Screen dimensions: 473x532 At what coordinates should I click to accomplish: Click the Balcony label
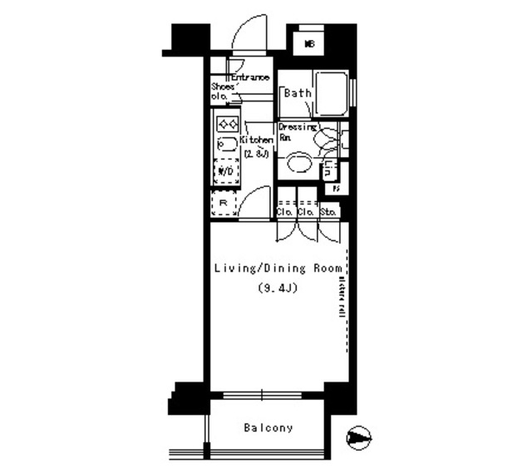[x=268, y=428]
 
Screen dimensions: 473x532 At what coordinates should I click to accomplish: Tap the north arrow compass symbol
[x=358, y=436]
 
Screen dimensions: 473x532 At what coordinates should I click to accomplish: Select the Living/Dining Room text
[x=273, y=269]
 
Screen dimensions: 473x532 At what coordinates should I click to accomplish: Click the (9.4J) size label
[x=273, y=288]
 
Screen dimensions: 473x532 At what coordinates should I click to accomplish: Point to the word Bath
[x=298, y=93]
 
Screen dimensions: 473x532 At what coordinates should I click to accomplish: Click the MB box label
[x=309, y=43]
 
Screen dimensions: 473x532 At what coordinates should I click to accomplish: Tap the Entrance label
[x=249, y=77]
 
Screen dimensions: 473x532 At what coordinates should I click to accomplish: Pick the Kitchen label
[x=256, y=140]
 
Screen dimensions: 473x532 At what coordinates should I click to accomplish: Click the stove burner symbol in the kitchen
[x=228, y=124]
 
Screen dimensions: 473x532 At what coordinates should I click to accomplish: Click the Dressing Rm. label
[x=296, y=132]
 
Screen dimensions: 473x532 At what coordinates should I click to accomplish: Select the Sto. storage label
[x=328, y=212]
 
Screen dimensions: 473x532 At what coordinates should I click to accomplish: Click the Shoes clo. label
[x=222, y=91]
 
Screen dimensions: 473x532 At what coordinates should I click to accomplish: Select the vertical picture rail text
[x=342, y=295]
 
